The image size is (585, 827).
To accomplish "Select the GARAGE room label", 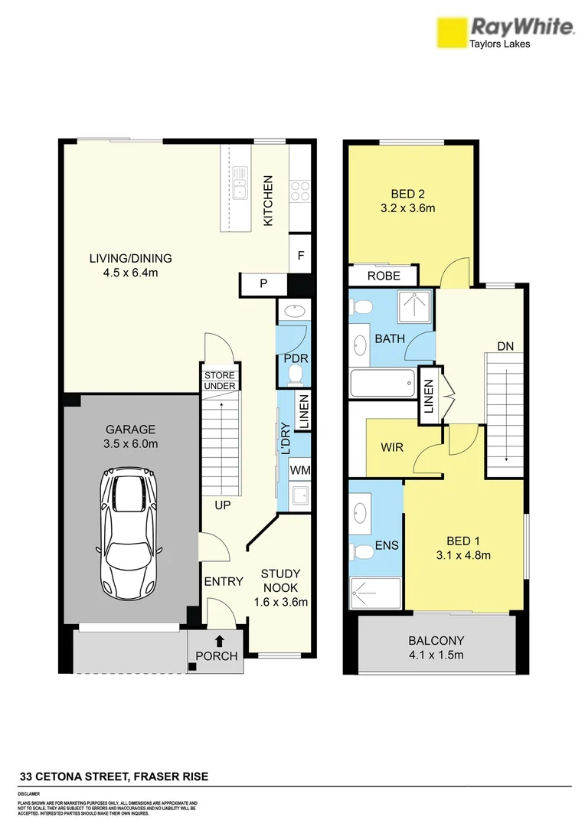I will click(130, 430).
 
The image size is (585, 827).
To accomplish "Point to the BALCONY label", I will click(436, 641).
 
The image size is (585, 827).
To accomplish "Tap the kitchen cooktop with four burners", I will click(299, 189).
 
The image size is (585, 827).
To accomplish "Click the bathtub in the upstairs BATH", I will click(381, 383).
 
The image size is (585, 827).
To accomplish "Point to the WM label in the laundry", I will click(299, 469).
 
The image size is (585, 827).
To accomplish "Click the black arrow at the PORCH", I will click(220, 640).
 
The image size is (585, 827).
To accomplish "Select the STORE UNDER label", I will click(219, 381).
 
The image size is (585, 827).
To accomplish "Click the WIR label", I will click(392, 446).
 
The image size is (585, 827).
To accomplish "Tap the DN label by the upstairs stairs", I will click(505, 346).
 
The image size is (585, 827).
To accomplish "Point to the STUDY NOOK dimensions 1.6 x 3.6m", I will click(280, 602).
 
